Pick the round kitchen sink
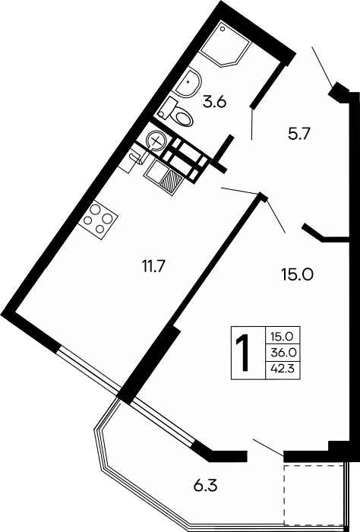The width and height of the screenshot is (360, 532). (156, 140)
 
